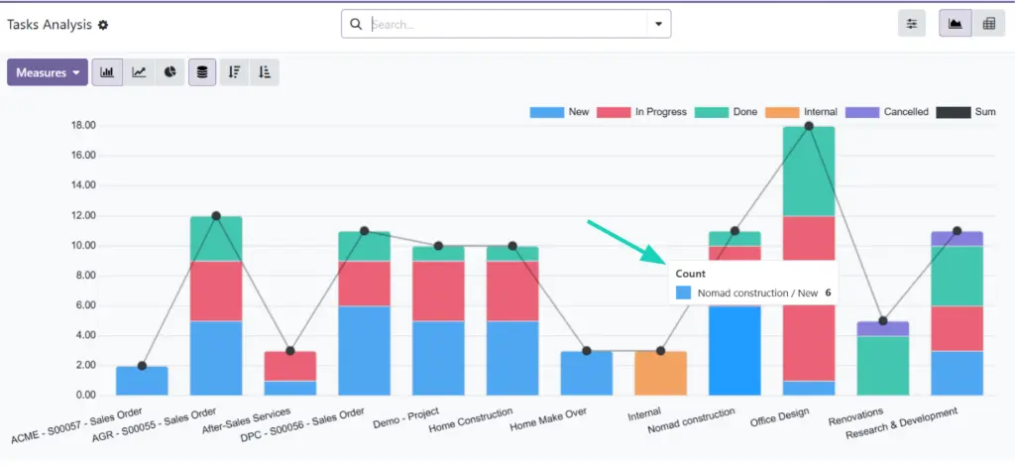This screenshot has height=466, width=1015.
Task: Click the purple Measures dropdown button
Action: coord(47,72)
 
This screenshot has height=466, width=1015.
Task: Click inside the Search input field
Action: coord(506,24)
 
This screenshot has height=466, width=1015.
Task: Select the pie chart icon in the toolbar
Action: coord(170,72)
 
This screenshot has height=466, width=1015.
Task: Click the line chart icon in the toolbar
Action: coord(140,72)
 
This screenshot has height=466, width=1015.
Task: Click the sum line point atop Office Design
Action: coord(809,126)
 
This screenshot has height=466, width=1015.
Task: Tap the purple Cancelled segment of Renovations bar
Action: coord(882,328)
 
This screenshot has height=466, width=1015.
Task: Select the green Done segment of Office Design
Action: coord(809,171)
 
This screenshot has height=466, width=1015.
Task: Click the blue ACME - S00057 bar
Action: coord(142,380)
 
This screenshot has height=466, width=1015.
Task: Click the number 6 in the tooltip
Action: coord(828,293)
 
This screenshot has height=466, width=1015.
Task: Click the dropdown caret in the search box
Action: coord(658,24)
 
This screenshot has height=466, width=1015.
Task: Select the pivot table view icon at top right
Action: coord(987,25)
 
